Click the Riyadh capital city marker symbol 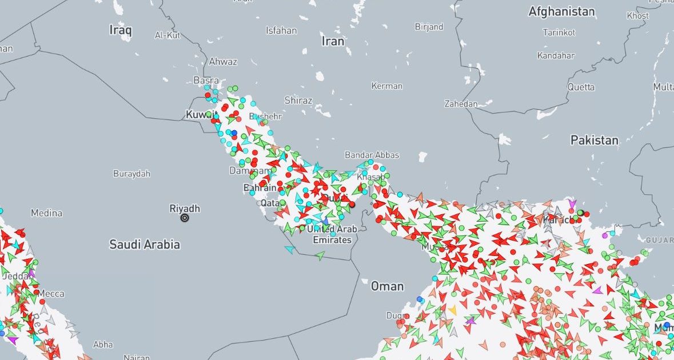point(185,218)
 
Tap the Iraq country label point(121,30)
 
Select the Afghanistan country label point(561,11)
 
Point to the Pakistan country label point(594,140)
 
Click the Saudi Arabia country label point(145,245)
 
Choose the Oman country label point(387,286)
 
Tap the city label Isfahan point(281,30)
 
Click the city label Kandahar point(556,55)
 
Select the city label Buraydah point(131,173)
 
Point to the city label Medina point(46,213)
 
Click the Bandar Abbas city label point(372,155)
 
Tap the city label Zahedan point(461,104)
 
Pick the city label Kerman point(386,86)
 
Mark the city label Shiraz point(298,101)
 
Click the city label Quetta point(581,87)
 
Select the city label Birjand point(429,27)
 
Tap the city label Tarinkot point(559,33)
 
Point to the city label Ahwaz point(223,62)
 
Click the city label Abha point(103,345)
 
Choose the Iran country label point(333,41)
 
